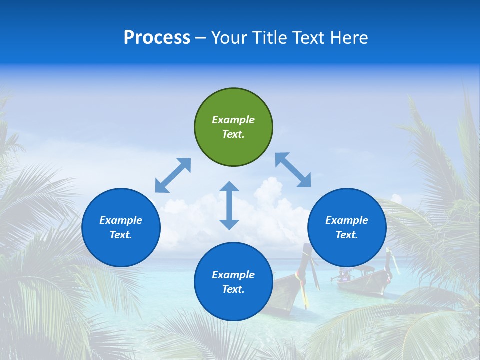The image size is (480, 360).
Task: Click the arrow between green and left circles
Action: pyautogui.click(x=173, y=175)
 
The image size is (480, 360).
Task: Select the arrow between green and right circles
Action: pyautogui.click(x=293, y=170)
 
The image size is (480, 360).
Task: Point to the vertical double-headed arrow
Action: pyautogui.click(x=229, y=205)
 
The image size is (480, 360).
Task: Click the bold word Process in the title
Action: pyautogui.click(x=157, y=38)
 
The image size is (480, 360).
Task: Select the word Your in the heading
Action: pyautogui.click(x=229, y=38)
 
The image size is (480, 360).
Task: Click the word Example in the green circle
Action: pyautogui.click(x=233, y=120)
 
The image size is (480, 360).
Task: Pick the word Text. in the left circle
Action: pyautogui.click(x=121, y=235)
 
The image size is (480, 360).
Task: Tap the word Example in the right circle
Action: pyautogui.click(x=347, y=220)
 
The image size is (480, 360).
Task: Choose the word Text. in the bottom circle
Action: pyautogui.click(x=233, y=289)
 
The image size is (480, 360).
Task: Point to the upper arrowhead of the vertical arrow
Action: pyautogui.click(x=229, y=187)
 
